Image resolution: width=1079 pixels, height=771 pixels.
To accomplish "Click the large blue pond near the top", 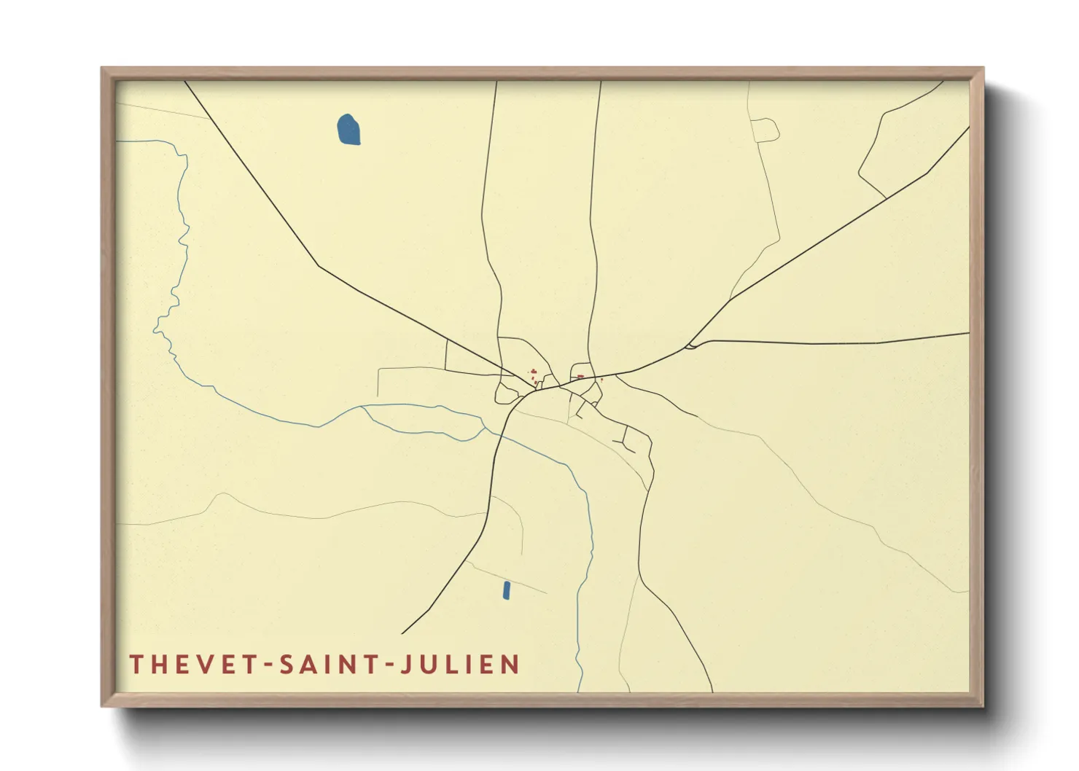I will pos(348,130).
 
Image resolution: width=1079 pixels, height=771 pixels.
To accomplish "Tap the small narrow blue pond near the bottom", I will pos(506,590).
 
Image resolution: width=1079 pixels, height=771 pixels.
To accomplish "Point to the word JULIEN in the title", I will pos(461,665).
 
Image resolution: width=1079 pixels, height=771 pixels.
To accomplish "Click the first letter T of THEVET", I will pos(136,665).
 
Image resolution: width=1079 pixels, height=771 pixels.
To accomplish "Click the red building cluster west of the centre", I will pos(534,375).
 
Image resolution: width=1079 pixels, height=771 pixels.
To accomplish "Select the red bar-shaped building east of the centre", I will pos(580,377).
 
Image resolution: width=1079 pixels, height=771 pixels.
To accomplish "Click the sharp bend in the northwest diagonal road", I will pos(319,266).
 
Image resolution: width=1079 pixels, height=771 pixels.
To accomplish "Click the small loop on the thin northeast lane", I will pos(765,130).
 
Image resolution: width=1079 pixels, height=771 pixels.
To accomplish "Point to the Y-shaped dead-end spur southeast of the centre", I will pos(626,441).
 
